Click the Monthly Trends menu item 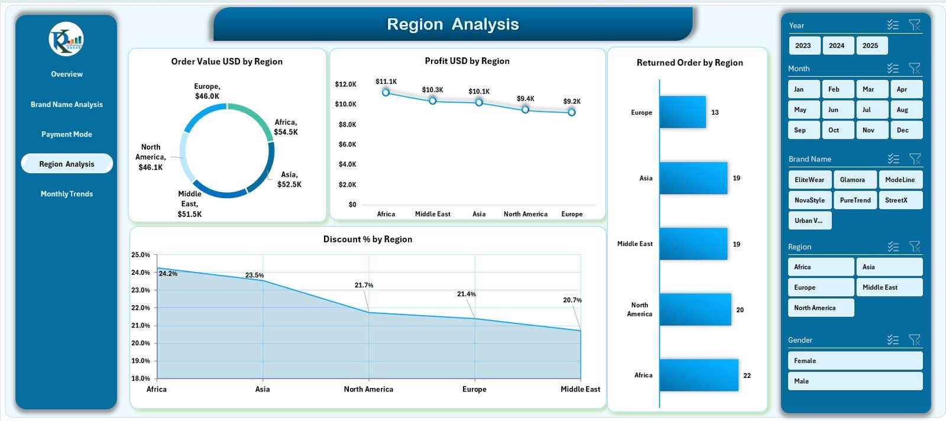pos(67,194)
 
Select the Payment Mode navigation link pos(67,134)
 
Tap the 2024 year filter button pos(837,46)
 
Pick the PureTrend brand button pos(855,200)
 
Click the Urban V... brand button pos(809,221)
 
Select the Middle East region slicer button pos(889,287)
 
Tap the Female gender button pos(854,361)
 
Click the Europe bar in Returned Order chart pos(683,112)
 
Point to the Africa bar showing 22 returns pos(699,375)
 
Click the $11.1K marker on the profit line pos(386,92)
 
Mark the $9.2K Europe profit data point pos(572,112)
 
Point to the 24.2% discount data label pos(169,274)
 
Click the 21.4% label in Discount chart pos(466,294)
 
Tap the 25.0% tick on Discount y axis pos(141,255)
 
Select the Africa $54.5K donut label pos(286,127)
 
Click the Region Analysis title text pos(453,24)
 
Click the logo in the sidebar pos(66,40)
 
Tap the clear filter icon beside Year pos(915,25)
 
